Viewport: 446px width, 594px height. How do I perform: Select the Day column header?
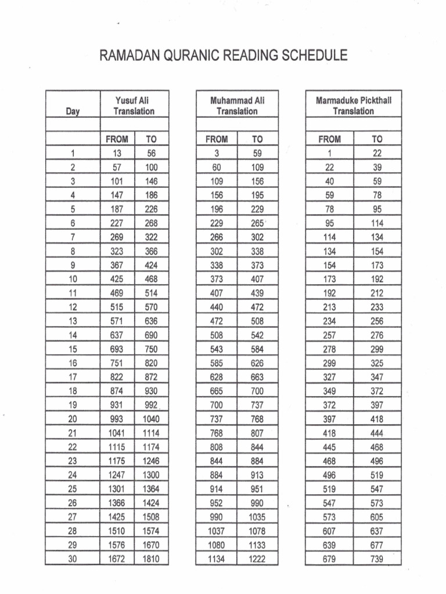click(73, 111)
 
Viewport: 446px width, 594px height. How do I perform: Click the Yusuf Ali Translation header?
click(134, 106)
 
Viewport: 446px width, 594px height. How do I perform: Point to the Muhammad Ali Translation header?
click(237, 106)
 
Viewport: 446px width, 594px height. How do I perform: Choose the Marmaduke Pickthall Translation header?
click(353, 106)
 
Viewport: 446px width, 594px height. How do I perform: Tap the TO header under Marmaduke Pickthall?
click(377, 139)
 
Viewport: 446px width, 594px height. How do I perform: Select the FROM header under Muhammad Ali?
click(217, 139)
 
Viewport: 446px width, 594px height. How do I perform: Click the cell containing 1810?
click(152, 559)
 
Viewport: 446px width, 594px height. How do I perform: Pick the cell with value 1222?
click(257, 559)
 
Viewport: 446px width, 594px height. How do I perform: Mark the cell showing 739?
click(377, 559)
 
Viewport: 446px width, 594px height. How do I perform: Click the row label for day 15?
click(73, 349)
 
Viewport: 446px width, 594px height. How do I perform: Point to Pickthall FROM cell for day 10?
click(329, 279)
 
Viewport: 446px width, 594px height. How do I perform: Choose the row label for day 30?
click(73, 559)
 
